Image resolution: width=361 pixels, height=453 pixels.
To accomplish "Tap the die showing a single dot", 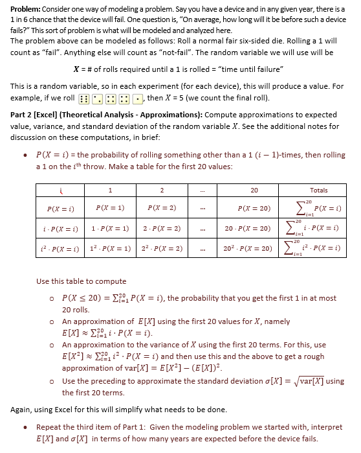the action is click(137, 99).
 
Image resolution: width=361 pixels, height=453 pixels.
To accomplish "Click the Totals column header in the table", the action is click(318, 191).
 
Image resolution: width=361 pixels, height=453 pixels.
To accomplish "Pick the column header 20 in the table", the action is click(254, 191).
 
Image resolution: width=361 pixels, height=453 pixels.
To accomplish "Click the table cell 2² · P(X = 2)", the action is click(162, 249).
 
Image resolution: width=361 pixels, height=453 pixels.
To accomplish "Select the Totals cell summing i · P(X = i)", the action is click(318, 229).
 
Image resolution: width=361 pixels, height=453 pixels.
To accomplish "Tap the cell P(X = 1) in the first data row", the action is click(111, 208).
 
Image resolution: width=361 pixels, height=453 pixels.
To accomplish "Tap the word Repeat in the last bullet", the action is click(49, 428).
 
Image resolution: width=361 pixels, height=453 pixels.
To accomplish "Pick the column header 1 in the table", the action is click(111, 191).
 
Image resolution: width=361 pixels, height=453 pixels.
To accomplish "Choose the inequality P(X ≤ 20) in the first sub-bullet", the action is click(82, 298).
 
